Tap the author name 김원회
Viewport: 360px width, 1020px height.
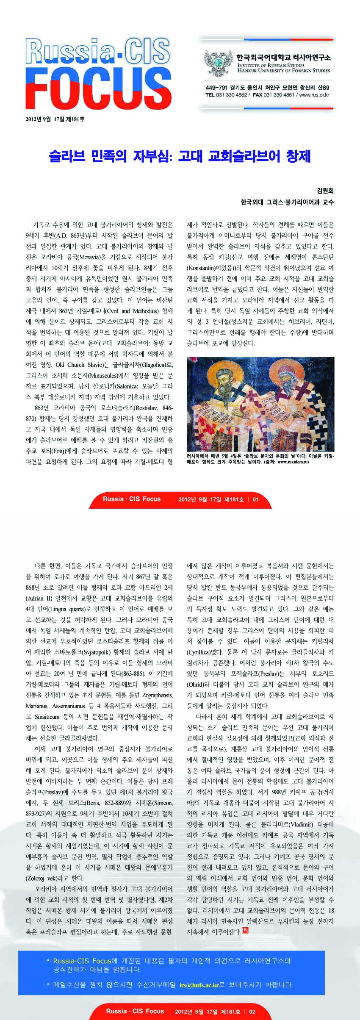[325, 191]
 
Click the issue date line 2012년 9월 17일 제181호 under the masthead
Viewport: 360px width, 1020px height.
[55, 119]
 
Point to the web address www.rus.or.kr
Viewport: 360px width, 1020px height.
[314, 95]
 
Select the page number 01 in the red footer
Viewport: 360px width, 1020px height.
[255, 499]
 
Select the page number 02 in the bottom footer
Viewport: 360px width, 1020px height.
[252, 1012]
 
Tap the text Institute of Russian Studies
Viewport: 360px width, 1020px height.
[271, 65]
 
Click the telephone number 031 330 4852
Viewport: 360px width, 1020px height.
[232, 95]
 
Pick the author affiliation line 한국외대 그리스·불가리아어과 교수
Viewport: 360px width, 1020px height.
[287, 202]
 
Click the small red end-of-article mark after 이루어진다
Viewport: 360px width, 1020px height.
[245, 931]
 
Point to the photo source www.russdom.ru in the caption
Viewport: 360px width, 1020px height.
[293, 462]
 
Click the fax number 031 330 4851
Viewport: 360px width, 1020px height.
[279, 95]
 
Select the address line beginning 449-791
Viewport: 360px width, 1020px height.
[267, 88]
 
